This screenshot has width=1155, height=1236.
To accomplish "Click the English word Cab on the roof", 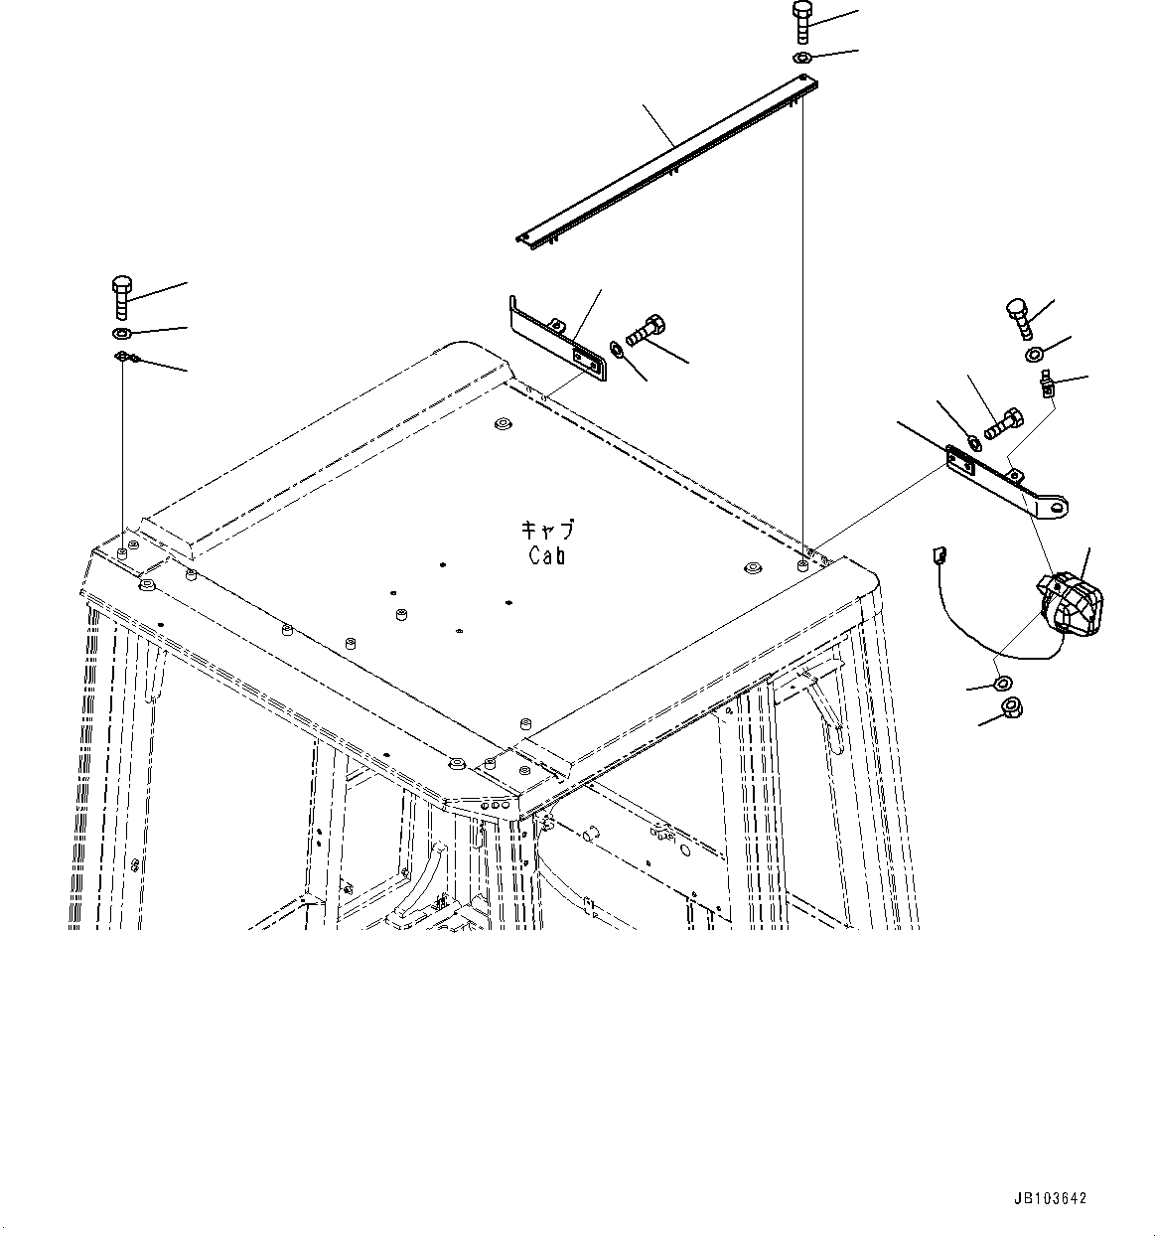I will point(547,556).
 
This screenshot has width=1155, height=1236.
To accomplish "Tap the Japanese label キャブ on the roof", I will point(547,532).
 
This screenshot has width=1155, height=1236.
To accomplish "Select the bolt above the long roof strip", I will point(802,21).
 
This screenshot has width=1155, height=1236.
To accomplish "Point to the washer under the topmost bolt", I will point(803,59).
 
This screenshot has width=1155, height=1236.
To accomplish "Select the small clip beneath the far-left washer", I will point(125,357).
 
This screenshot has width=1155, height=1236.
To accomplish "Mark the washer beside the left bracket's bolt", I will point(617,349).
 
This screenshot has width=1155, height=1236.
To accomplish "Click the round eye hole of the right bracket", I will point(1060,508).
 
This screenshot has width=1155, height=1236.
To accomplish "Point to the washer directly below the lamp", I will point(1001,683).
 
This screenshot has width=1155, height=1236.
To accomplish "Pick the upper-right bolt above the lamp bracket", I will point(1020,315).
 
